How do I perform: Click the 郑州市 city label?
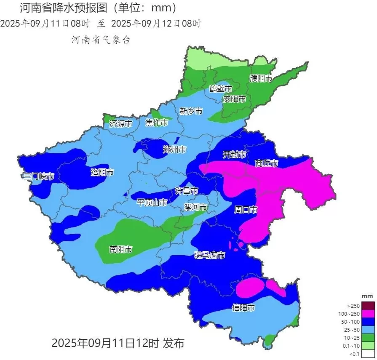click(x=174, y=149)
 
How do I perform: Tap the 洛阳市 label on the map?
click(x=102, y=172)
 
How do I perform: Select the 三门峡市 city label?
click(x=38, y=176)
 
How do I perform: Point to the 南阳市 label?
click(x=121, y=249)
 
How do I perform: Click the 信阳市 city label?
click(x=243, y=308)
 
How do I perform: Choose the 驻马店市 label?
click(x=209, y=255)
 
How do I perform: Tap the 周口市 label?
click(x=246, y=209)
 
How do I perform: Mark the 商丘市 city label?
click(x=267, y=163)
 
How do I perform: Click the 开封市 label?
click(x=234, y=155)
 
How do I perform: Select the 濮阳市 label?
click(x=261, y=78)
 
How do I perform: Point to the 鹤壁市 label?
click(x=221, y=89)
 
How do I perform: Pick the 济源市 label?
click(x=121, y=124)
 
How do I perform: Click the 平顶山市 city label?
click(x=152, y=203)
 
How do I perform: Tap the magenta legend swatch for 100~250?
click(x=367, y=314)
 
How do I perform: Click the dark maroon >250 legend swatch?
click(x=367, y=306)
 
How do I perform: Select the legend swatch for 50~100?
click(x=367, y=322)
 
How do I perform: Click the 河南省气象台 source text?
click(x=101, y=40)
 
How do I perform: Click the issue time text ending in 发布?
click(x=118, y=343)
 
